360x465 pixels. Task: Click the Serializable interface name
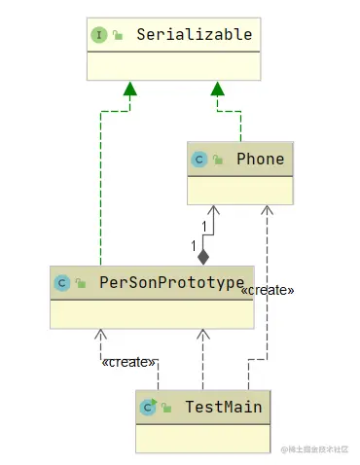[x=194, y=35]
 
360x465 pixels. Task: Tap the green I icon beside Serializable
[x=99, y=35]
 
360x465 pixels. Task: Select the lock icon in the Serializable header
[x=118, y=36]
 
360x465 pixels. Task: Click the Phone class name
[x=261, y=159]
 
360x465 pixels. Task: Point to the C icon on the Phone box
[x=199, y=159]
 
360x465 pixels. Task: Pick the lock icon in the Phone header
[x=218, y=160]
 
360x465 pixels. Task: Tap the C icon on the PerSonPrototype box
[x=61, y=283]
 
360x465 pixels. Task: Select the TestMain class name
[x=223, y=406]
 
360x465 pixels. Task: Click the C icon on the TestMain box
[x=148, y=407]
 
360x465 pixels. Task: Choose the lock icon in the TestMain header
[x=166, y=408]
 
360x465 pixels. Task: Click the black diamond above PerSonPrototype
[x=203, y=257]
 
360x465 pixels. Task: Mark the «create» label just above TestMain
[x=128, y=362]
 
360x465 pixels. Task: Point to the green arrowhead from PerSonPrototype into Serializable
[x=126, y=90]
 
